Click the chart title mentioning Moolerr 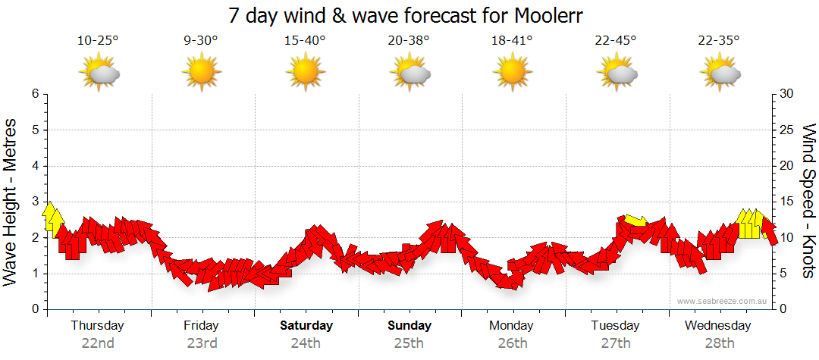coord(410,15)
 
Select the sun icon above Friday coord(201,73)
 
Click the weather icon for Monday coord(512,73)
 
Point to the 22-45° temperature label coord(616,41)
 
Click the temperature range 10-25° coord(99,41)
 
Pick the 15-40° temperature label coord(305,41)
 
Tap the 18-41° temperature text coord(512,41)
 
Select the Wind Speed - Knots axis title coord(808,201)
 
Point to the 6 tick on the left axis coord(34,94)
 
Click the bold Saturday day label coord(306,326)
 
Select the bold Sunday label coord(409,326)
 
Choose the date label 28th coord(718,343)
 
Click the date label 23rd coord(201,343)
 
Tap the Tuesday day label coord(615,326)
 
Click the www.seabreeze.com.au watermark coord(723,301)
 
